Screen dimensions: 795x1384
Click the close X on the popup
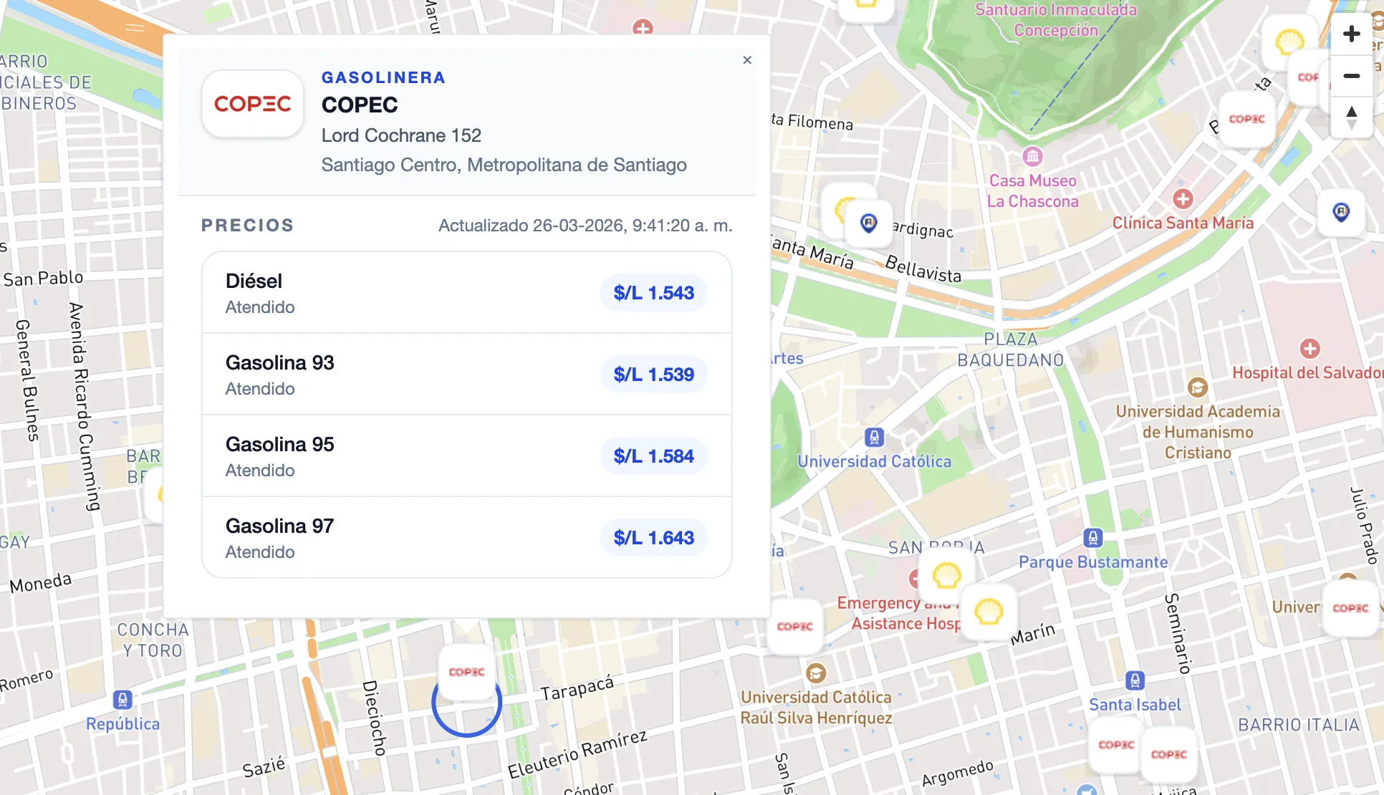[x=747, y=60]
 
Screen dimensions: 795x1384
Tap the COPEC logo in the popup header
[x=253, y=104]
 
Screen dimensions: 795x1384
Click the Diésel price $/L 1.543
[x=653, y=293]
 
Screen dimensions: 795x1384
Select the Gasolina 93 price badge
[x=653, y=375]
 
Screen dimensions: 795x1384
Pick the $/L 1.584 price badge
[x=653, y=456]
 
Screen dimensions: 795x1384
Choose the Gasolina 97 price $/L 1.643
[x=653, y=538]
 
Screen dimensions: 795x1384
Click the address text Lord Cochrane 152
[x=401, y=135]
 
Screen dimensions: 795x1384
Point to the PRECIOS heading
[x=247, y=226]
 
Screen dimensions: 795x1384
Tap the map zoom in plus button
[x=1351, y=34]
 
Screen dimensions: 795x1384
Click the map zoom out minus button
[x=1351, y=76]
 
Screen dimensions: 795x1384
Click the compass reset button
[x=1351, y=117]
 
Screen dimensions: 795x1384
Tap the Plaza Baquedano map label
[x=1010, y=350]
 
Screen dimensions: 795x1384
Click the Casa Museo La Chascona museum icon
[x=1032, y=155]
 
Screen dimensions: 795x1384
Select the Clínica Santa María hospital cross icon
[x=1183, y=198]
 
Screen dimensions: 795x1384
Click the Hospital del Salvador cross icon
[x=1309, y=349]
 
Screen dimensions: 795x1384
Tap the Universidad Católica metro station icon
[x=874, y=437]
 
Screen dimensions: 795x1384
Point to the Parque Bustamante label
[x=1093, y=562]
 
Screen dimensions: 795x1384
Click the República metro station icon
[x=122, y=699]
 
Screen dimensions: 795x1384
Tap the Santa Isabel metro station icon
[x=1135, y=680]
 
